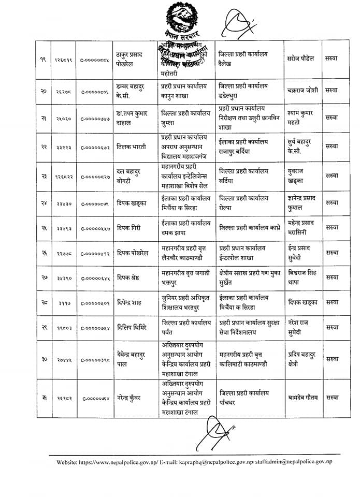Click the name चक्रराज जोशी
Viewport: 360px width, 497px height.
coord(303,90)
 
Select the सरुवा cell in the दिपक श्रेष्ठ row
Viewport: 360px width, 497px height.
coord(332,277)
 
